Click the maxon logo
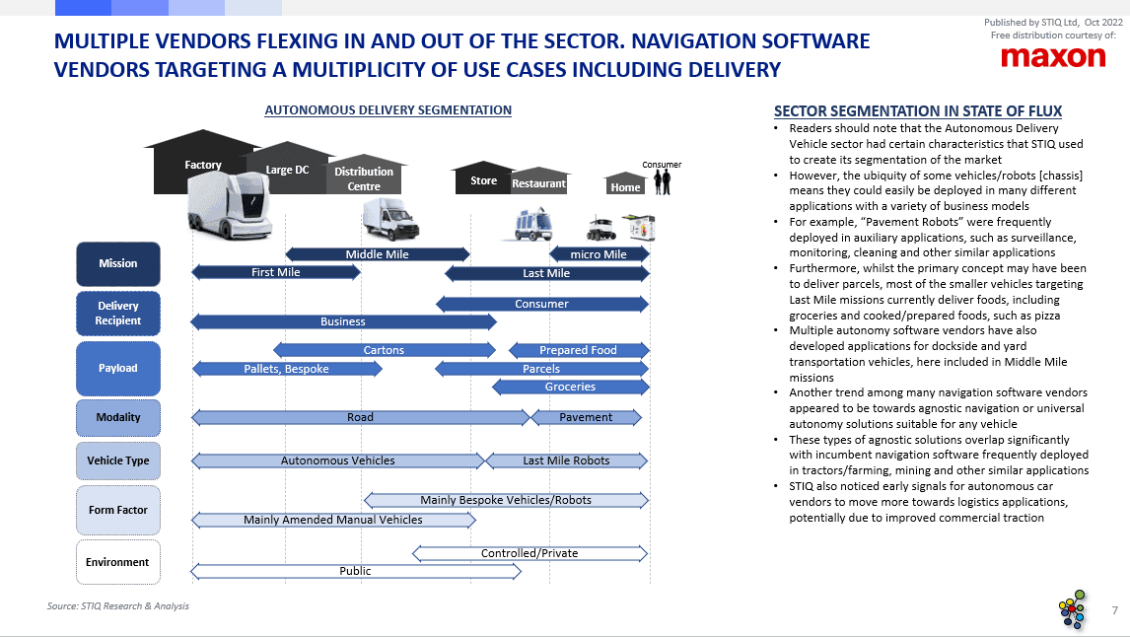pyautogui.click(x=1053, y=57)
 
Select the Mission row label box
pyautogui.click(x=118, y=263)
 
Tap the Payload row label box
pyautogui.click(x=118, y=368)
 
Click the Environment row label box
pyautogui.click(x=118, y=562)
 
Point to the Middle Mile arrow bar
pyautogui.click(x=378, y=254)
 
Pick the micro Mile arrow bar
pyautogui.click(x=599, y=254)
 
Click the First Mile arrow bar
pyautogui.click(x=276, y=272)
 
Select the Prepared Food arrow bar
pyautogui.click(x=578, y=350)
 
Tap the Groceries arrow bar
pyautogui.click(x=570, y=387)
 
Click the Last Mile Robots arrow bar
pyautogui.click(x=566, y=460)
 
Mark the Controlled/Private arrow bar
pyautogui.click(x=530, y=553)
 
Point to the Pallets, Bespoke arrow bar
pyautogui.click(x=287, y=369)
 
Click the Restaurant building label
pyautogui.click(x=538, y=183)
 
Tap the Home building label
pyautogui.click(x=625, y=187)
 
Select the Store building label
pyautogui.click(x=483, y=180)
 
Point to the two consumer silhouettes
pyautogui.click(x=660, y=181)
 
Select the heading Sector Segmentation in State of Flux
pyautogui.click(x=918, y=110)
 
